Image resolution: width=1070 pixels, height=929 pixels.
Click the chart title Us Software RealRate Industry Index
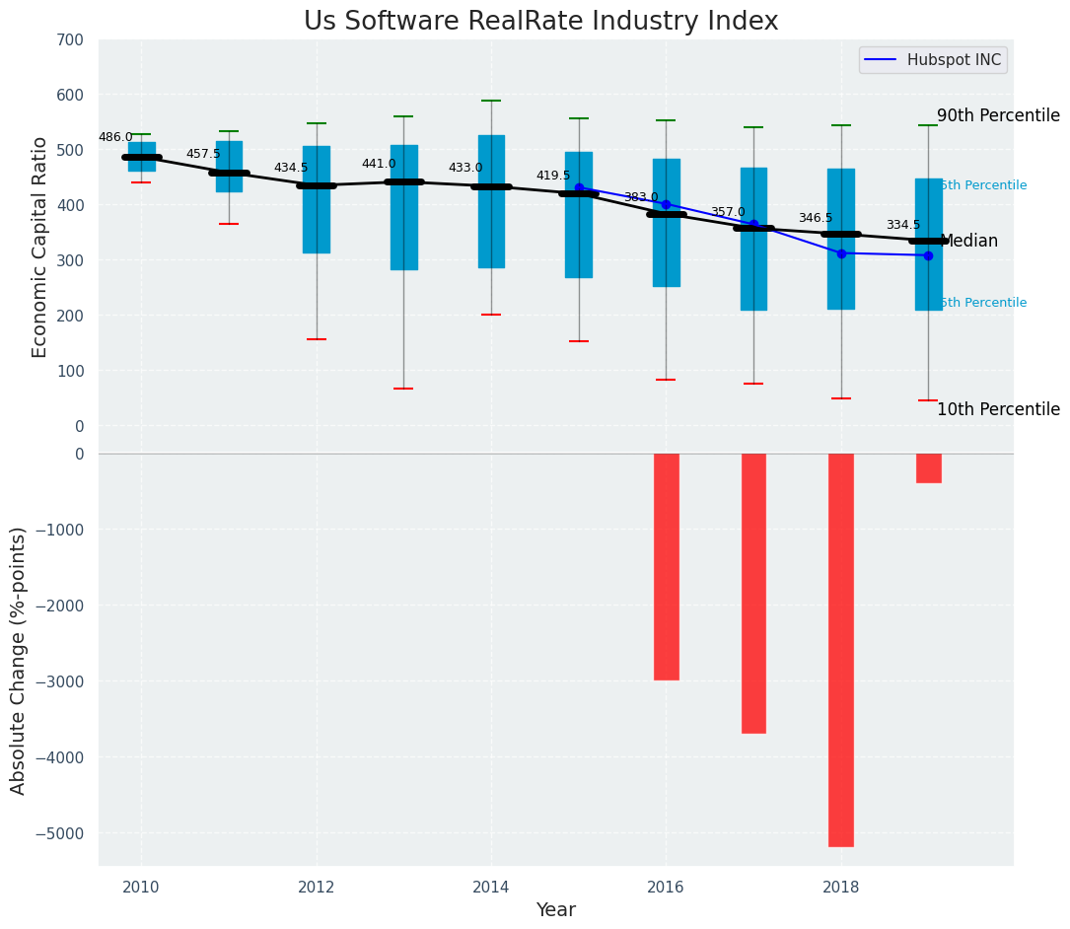click(x=540, y=22)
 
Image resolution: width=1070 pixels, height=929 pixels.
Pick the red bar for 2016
click(x=666, y=566)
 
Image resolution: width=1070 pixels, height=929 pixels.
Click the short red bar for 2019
click(x=928, y=467)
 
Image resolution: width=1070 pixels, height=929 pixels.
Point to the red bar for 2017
click(x=753, y=593)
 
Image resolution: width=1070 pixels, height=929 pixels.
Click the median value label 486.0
click(x=115, y=137)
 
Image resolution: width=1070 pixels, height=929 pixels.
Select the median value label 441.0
click(x=379, y=164)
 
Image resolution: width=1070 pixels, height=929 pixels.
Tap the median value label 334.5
click(x=903, y=225)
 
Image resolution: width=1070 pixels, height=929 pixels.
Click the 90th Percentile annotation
click(x=998, y=115)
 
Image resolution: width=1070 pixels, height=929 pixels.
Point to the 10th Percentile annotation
click(x=998, y=409)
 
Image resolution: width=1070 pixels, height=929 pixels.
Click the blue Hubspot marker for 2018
click(x=841, y=253)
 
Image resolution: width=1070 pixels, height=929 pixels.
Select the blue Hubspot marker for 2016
click(x=666, y=204)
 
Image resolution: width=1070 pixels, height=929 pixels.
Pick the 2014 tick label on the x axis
click(x=491, y=887)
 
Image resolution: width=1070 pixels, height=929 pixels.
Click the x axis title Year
click(x=555, y=909)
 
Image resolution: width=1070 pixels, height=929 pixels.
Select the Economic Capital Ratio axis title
click(x=39, y=247)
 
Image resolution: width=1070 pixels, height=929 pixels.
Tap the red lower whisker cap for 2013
click(x=403, y=389)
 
